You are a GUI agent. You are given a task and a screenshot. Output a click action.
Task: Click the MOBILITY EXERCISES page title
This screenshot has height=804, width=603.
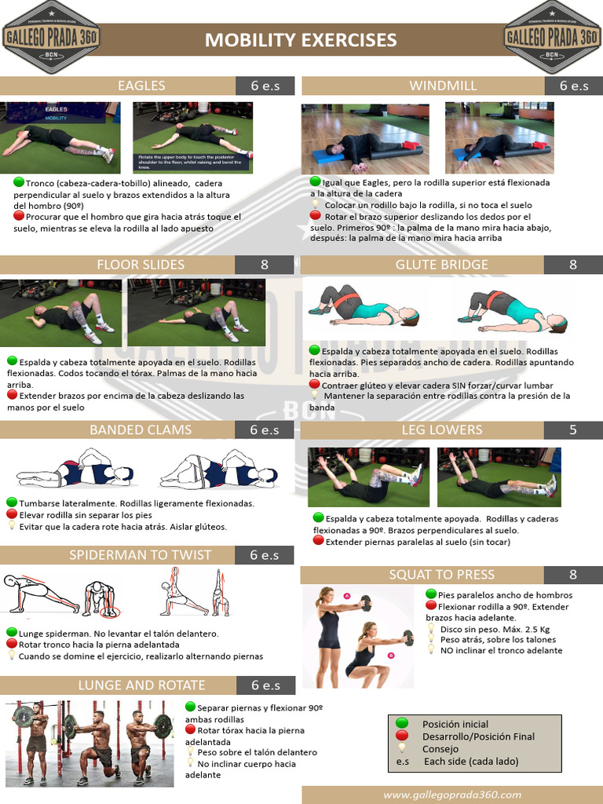click(301, 40)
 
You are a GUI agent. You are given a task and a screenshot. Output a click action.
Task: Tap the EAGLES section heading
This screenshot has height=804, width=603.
click(141, 86)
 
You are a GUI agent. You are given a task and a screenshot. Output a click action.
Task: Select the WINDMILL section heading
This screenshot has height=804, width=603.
click(433, 86)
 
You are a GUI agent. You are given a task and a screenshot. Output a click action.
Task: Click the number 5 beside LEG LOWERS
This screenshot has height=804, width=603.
click(573, 430)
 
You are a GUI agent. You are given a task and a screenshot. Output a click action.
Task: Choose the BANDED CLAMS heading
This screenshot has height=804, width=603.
click(141, 430)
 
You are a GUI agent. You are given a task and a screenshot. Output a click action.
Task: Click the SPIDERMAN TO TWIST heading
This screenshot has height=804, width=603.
click(140, 555)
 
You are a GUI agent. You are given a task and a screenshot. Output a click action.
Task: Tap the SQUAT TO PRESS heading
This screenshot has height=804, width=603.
click(442, 575)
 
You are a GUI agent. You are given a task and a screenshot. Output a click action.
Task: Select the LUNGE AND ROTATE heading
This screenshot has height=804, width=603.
click(141, 685)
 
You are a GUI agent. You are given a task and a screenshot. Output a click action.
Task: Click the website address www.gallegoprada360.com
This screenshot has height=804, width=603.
click(452, 795)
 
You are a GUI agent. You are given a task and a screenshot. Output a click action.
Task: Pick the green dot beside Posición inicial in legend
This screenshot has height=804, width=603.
click(402, 723)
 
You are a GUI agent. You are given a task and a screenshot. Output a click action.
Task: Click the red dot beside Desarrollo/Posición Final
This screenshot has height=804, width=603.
click(402, 736)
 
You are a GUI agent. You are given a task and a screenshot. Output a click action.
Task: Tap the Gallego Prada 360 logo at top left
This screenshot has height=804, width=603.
click(50, 37)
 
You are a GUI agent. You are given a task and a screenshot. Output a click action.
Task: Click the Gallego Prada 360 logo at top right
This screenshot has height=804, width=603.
click(553, 37)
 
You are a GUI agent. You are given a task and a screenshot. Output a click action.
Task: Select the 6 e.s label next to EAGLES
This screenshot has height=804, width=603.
click(265, 86)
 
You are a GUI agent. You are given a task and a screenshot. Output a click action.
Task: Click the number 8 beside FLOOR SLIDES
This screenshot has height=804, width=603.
click(265, 265)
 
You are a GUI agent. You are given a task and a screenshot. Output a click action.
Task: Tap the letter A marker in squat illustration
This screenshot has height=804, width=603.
click(347, 596)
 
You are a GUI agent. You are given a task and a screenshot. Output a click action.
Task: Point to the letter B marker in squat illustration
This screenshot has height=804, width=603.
click(391, 654)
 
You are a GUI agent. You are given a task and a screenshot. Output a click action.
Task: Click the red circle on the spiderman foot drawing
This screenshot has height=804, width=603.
click(111, 611)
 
